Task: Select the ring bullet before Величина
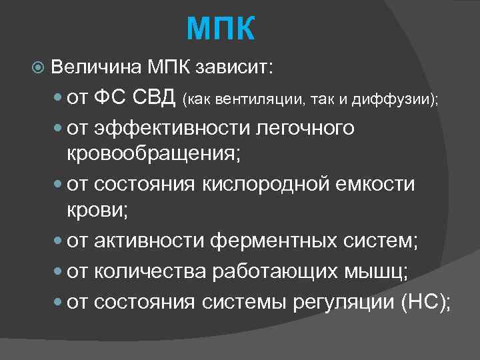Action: click(38, 68)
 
